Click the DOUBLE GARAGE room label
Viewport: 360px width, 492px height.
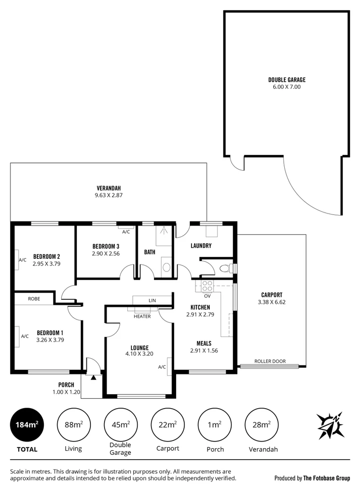[x=286, y=80]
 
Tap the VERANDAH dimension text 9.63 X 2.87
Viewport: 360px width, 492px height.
[x=109, y=196]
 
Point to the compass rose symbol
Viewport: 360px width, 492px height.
[x=331, y=425]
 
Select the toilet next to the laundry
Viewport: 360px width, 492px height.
[x=225, y=268]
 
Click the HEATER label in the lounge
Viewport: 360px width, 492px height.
[x=142, y=316]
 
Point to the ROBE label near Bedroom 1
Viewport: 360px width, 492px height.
[x=34, y=299]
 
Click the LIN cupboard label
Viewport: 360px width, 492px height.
[x=152, y=300]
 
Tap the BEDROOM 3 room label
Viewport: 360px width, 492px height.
[x=106, y=246]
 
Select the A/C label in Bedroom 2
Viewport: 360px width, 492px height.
[x=22, y=260]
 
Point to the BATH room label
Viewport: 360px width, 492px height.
[x=149, y=252]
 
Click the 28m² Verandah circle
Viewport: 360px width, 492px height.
[x=262, y=425]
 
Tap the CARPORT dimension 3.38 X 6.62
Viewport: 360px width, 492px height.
[x=271, y=303]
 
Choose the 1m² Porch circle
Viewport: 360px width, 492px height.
[x=215, y=425]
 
